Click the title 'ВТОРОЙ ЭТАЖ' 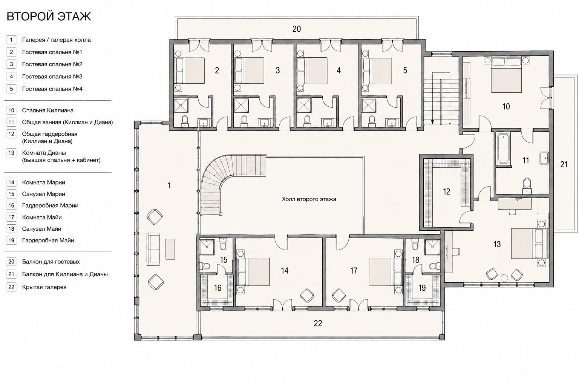point(49,17)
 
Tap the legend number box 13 point(11,153)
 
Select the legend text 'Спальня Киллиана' point(47,110)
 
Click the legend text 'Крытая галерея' point(44,287)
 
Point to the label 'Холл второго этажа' point(309,199)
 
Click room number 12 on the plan point(446,191)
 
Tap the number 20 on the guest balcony point(297,29)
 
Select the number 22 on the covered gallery point(318,323)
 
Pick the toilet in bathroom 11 point(527,186)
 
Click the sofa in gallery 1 point(153,249)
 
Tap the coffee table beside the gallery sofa point(170,249)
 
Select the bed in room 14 point(254,272)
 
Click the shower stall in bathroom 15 point(207,247)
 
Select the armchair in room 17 point(339,295)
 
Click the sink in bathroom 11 point(544,158)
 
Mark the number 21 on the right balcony point(564,164)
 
